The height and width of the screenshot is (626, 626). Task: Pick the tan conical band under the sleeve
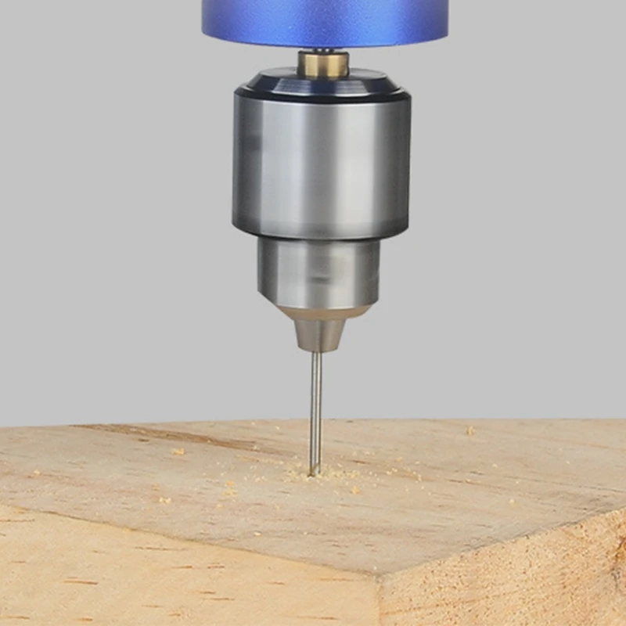point(322,313)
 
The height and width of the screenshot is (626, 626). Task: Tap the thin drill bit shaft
point(315,407)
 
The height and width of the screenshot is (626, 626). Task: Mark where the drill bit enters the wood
point(315,473)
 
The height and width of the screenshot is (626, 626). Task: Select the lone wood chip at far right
point(470,430)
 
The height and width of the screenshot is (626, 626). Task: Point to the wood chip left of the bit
point(178,452)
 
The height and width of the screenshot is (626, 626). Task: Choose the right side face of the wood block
point(509,579)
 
